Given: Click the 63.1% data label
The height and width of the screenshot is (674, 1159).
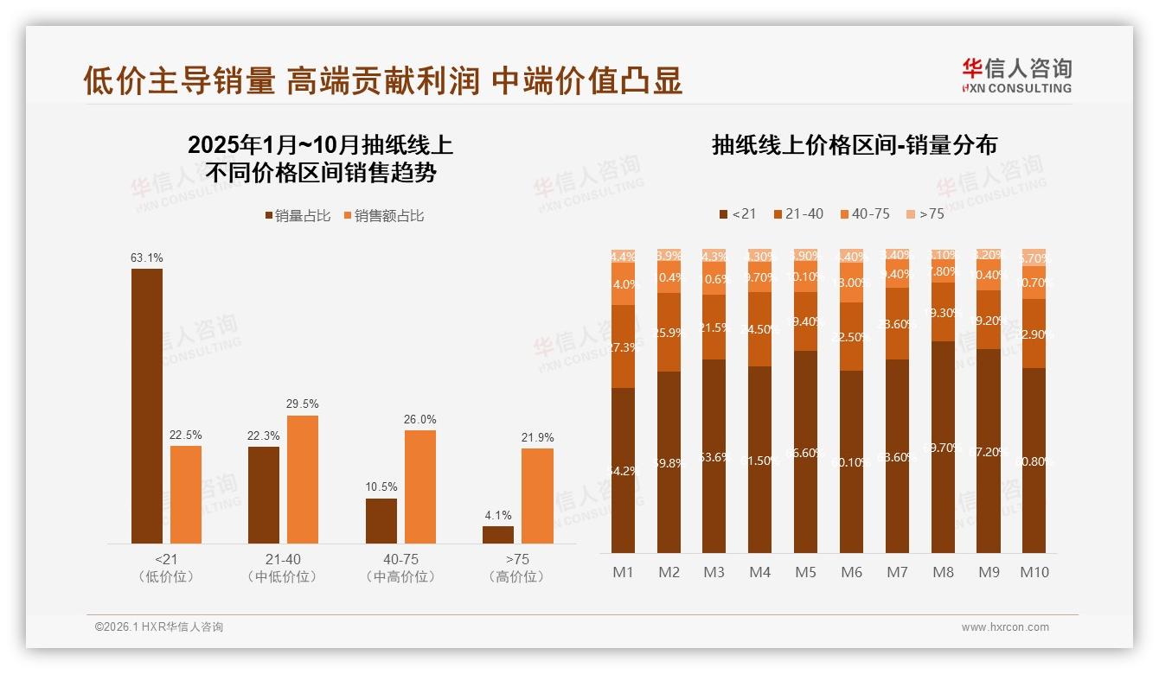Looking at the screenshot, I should click(147, 258).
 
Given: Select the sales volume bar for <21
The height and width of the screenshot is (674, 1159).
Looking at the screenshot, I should click(147, 406).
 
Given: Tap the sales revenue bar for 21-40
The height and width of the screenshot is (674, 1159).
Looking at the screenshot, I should click(303, 480).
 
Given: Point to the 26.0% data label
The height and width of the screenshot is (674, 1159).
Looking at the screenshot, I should click(419, 419).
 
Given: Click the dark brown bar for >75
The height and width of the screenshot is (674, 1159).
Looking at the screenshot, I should click(498, 535).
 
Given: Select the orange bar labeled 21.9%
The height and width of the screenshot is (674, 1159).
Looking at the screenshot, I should click(537, 496).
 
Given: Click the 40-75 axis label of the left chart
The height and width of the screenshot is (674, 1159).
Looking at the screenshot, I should click(400, 560).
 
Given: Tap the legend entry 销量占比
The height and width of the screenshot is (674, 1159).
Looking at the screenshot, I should click(298, 216).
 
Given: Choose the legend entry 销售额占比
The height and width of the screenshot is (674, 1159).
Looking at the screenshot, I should click(384, 216).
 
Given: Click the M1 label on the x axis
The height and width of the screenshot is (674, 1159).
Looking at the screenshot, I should click(624, 572).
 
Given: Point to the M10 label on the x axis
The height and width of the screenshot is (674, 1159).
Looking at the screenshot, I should click(1034, 572).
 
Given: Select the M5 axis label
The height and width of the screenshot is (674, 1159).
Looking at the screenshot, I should click(805, 572).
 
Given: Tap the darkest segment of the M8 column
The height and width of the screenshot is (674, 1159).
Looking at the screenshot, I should click(944, 447).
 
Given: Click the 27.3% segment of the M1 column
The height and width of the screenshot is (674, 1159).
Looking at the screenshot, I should click(624, 347).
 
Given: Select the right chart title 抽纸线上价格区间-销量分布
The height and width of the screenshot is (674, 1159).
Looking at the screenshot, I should click(855, 145).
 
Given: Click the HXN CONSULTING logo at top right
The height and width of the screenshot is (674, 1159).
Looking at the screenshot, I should click(1016, 75).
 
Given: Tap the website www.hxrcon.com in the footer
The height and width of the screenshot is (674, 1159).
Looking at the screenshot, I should click(1005, 627).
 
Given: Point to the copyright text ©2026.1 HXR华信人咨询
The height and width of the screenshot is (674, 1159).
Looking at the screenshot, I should click(159, 627).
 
